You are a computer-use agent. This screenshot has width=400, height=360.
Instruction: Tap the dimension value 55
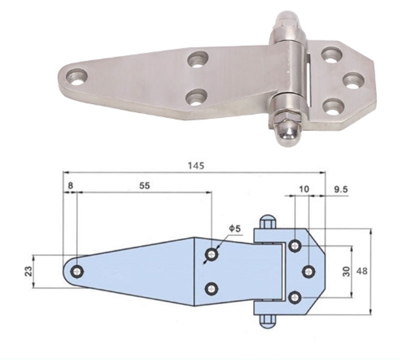[144, 185]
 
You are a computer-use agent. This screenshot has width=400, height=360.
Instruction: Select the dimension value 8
[70, 185]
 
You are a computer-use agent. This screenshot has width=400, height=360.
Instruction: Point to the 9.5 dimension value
[340, 189]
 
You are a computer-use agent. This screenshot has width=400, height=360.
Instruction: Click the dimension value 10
[303, 188]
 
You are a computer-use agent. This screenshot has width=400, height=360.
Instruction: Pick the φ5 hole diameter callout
[235, 228]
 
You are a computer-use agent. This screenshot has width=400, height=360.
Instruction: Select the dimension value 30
[345, 271]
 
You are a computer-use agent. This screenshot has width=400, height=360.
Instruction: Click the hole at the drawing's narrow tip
[77, 271]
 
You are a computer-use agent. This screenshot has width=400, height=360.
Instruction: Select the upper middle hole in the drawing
[211, 254]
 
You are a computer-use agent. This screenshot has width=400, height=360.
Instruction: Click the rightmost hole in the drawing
[308, 271]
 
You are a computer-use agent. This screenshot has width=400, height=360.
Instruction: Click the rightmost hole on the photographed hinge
[353, 80]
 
